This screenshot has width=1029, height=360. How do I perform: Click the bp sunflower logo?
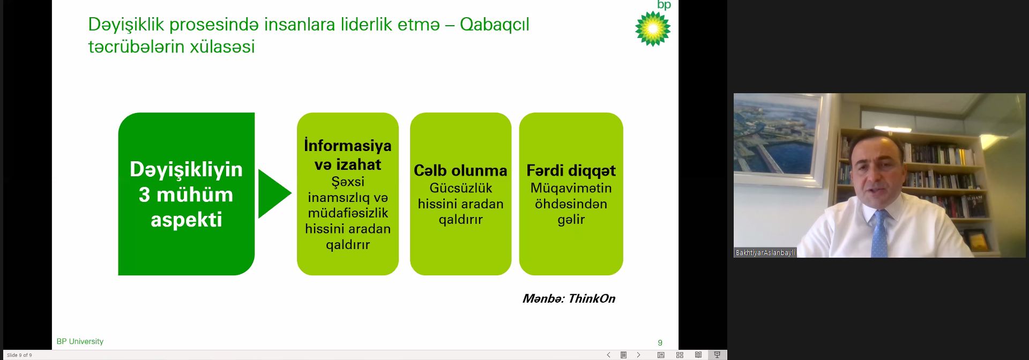[x=653, y=28]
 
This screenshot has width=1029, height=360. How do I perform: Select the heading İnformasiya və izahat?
[x=348, y=155]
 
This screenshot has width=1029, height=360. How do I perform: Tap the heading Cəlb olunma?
[x=460, y=170]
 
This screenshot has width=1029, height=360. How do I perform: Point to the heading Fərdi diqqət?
[x=571, y=170]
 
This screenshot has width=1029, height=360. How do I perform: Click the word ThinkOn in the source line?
[x=592, y=298]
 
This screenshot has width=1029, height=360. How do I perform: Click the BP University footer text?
[x=80, y=341]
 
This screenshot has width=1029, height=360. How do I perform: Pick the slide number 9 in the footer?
[x=660, y=342]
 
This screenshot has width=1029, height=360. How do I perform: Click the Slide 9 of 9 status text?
[x=19, y=355]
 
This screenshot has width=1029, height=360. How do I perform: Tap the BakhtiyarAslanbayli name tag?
[x=765, y=252]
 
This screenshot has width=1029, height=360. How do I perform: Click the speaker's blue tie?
[x=879, y=234]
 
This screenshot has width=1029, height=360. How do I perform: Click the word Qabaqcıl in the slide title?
[x=494, y=25]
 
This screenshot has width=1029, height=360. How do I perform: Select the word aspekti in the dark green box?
[x=187, y=220]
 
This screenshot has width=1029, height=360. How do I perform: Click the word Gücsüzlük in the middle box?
[x=461, y=188]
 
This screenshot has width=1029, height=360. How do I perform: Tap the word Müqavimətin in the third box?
[x=571, y=188]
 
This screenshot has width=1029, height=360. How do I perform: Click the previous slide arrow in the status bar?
[x=608, y=355]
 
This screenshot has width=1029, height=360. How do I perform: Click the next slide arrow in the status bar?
[x=638, y=355]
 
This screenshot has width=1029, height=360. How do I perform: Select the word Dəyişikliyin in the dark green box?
[x=187, y=170]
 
